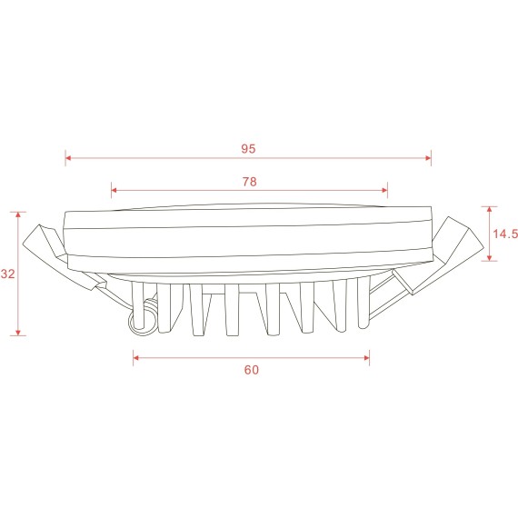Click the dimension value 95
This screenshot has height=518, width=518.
coord(248,147)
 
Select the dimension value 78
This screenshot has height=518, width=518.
coord(249,181)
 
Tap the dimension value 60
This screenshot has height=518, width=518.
coord(252,370)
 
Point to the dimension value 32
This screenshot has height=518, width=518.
coord(8,274)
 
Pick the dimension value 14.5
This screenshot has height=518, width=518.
coord(504,234)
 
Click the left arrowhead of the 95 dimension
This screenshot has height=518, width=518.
coord(69,159)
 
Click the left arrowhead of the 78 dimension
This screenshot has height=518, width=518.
coord(115,191)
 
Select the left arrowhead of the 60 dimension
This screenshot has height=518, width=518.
coord(137,358)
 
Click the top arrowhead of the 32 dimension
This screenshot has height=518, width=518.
coord(19,215)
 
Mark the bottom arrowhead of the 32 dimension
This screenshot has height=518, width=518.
coord(19,332)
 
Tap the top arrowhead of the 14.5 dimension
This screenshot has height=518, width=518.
coord(491,209)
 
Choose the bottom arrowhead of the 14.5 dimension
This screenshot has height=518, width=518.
coord(491,258)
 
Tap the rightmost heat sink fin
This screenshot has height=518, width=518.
coord(363,304)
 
